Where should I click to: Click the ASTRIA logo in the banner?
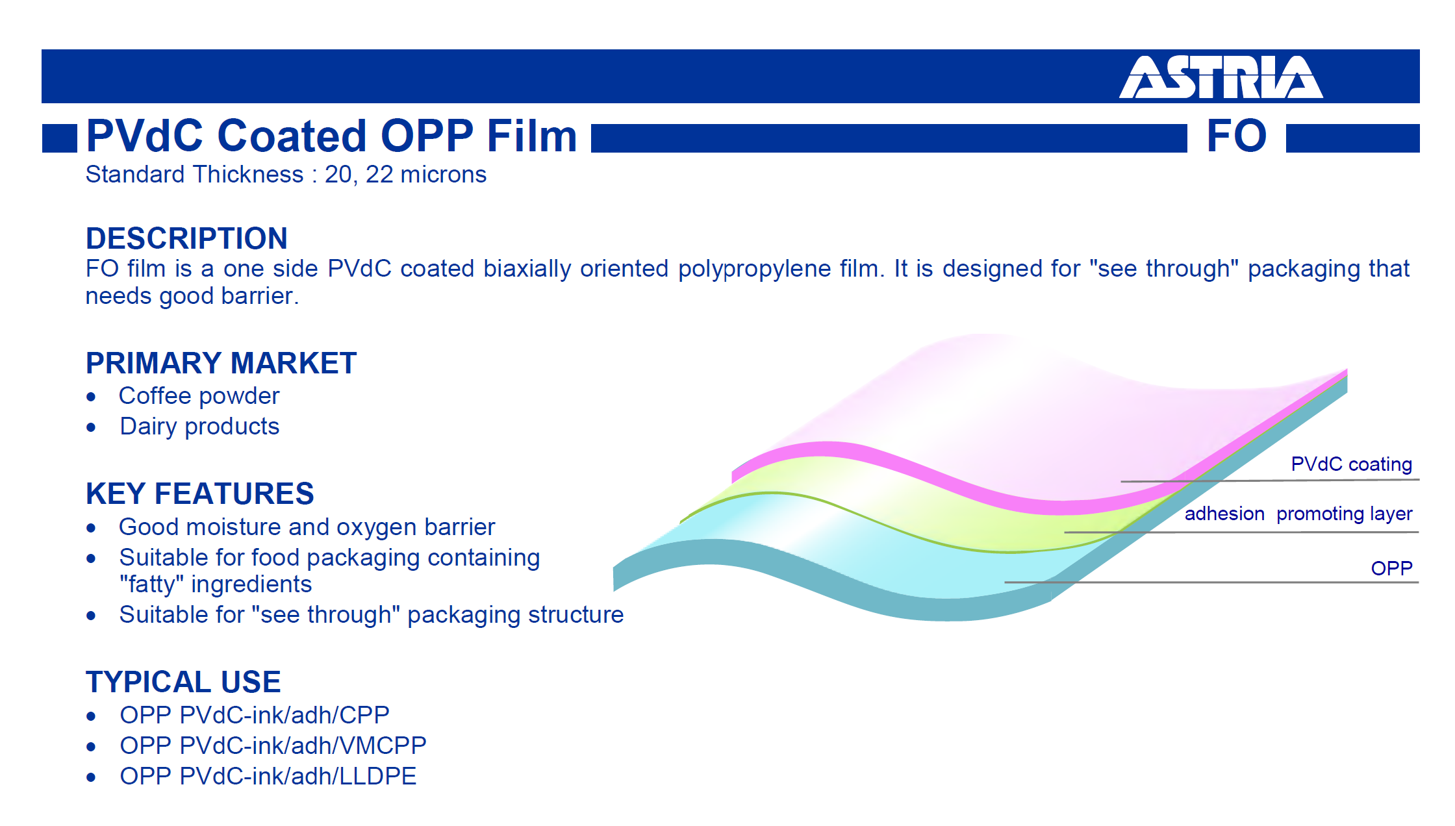coord(1221,77)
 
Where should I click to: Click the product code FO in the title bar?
coord(1237,136)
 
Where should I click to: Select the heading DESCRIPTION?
coord(186,238)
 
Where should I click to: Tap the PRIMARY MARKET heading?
coord(221,363)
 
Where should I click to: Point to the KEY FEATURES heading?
coord(200,494)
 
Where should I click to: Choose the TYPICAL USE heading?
coord(183,682)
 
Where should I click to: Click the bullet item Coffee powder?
coord(199,396)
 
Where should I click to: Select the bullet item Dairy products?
coord(199,427)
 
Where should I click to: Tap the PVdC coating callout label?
coord(1351,464)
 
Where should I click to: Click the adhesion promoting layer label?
coord(1298,514)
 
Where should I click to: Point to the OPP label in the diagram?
coord(1391,568)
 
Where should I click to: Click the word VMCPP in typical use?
coord(383,745)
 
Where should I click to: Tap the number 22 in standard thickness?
coord(379,175)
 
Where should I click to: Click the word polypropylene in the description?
coord(755,269)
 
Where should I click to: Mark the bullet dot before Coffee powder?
coord(91,397)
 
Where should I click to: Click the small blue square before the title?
coord(60,138)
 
